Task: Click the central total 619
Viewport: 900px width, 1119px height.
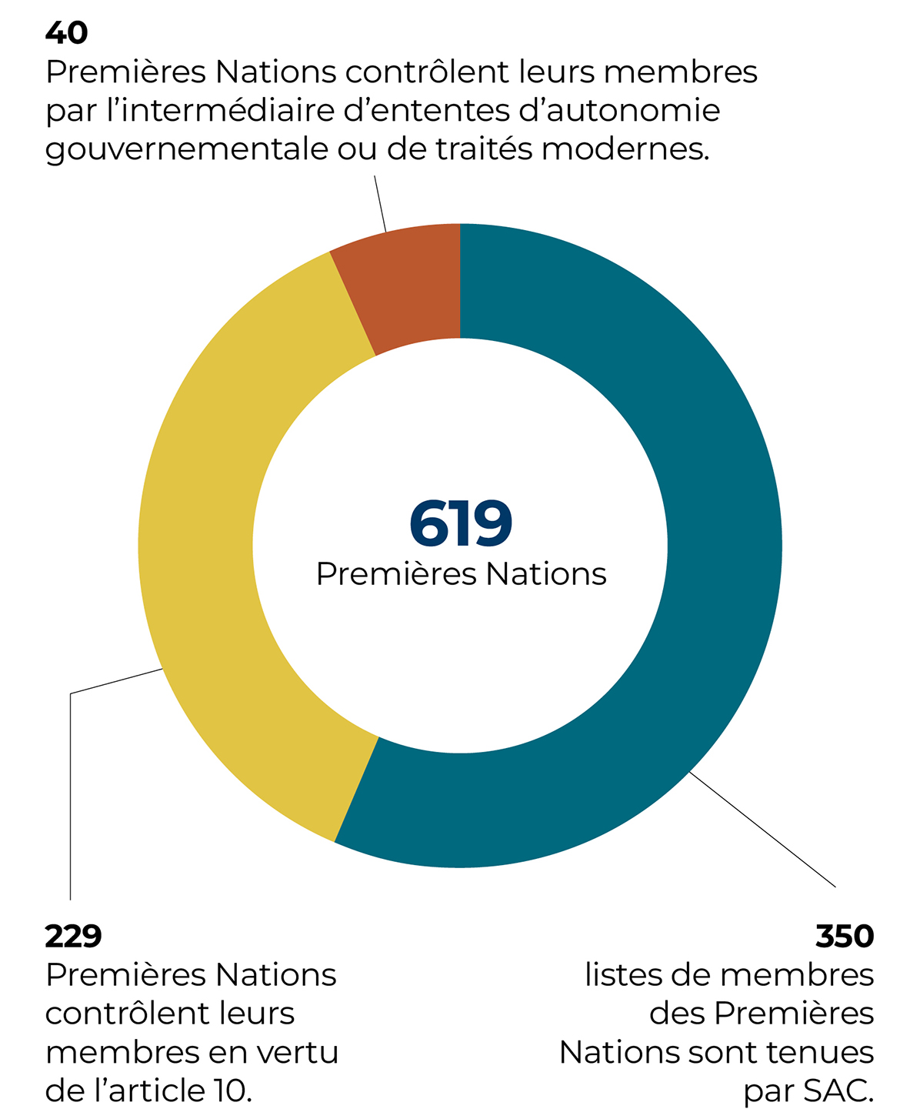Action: point(461,524)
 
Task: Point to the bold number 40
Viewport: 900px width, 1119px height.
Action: point(67,32)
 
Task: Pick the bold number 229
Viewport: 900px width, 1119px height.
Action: point(73,936)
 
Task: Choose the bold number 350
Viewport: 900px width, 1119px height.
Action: point(845,936)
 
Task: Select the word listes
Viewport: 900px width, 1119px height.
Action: point(623,974)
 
